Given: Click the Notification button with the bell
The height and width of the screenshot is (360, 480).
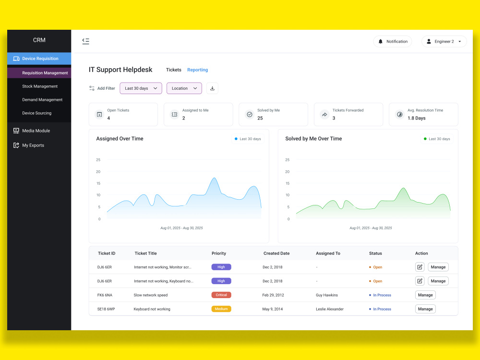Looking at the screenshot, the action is pos(393,41).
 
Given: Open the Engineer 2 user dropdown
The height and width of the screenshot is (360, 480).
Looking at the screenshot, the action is pos(444,41).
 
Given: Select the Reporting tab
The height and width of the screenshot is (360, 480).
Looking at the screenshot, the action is pos(197,70).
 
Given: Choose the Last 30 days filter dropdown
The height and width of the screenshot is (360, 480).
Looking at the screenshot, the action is pos(141,88).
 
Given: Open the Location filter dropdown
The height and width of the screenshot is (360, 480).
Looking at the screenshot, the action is pos(184,88).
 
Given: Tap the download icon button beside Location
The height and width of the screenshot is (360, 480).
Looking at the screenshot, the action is pos(212,88).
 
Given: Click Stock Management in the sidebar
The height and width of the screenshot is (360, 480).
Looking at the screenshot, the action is pos(40,86).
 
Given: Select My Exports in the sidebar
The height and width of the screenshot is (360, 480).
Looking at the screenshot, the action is pos(33,145).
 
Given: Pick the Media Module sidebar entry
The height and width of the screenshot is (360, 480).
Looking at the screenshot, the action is pos(36,131).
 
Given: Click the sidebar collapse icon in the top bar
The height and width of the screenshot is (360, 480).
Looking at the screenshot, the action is pos(86,41).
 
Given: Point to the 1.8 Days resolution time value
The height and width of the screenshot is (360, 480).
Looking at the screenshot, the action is pos(416,118).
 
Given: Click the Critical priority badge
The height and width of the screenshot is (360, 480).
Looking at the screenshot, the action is pos(221,295).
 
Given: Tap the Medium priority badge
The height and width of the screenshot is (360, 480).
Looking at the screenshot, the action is pos(221,309).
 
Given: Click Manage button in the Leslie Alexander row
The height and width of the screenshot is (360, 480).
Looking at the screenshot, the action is pos(425,309).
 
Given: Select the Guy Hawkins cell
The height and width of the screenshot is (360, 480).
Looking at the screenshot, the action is pos(326,295).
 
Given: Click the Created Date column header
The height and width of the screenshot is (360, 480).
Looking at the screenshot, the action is pos(276,253).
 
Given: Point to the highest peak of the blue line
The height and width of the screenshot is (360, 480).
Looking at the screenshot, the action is pos(214,178).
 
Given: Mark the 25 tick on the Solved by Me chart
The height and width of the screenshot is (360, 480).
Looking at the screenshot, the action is pos(287,160).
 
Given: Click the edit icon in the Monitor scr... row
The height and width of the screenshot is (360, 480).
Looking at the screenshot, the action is pos(420,267).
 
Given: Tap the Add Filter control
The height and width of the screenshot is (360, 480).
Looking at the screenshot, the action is pos(102,88).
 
